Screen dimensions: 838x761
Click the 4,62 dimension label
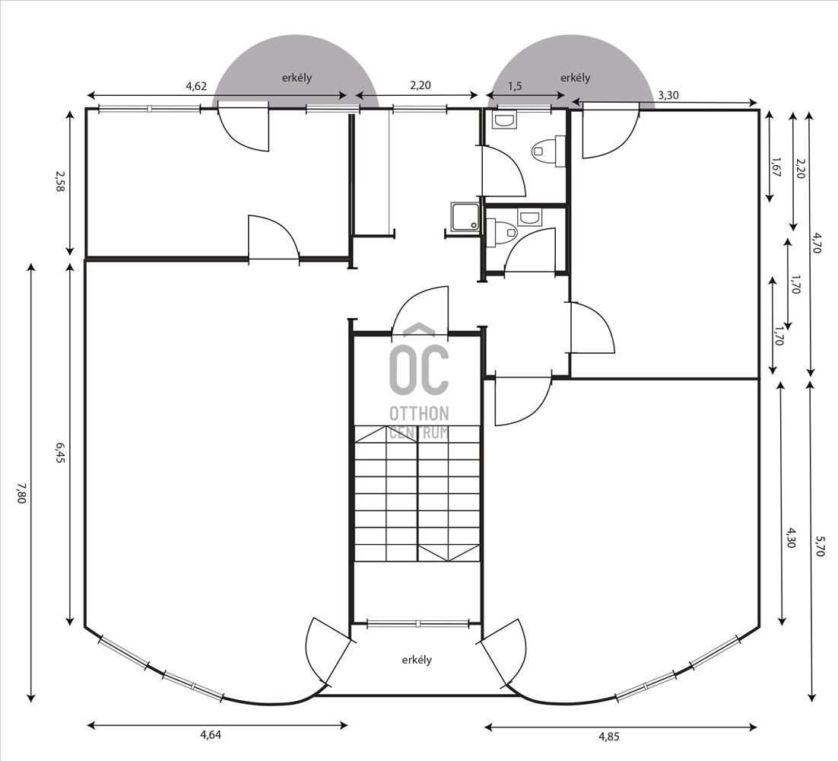(x=196, y=86)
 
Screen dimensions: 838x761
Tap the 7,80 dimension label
(x=21, y=494)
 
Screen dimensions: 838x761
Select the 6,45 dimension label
(x=60, y=454)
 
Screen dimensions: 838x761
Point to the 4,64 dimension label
(x=211, y=735)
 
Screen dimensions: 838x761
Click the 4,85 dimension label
(x=608, y=737)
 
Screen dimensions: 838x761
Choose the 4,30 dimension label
(x=792, y=537)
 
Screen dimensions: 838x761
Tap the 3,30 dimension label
(x=668, y=96)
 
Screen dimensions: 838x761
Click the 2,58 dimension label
(x=60, y=182)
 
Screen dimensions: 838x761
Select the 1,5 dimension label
(x=515, y=87)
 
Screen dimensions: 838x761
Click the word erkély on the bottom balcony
(x=417, y=660)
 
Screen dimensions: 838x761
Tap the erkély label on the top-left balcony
(x=297, y=78)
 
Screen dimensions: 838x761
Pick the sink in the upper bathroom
(x=505, y=120)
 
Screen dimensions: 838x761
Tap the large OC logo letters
(x=419, y=370)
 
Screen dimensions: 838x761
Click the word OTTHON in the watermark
(x=419, y=413)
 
